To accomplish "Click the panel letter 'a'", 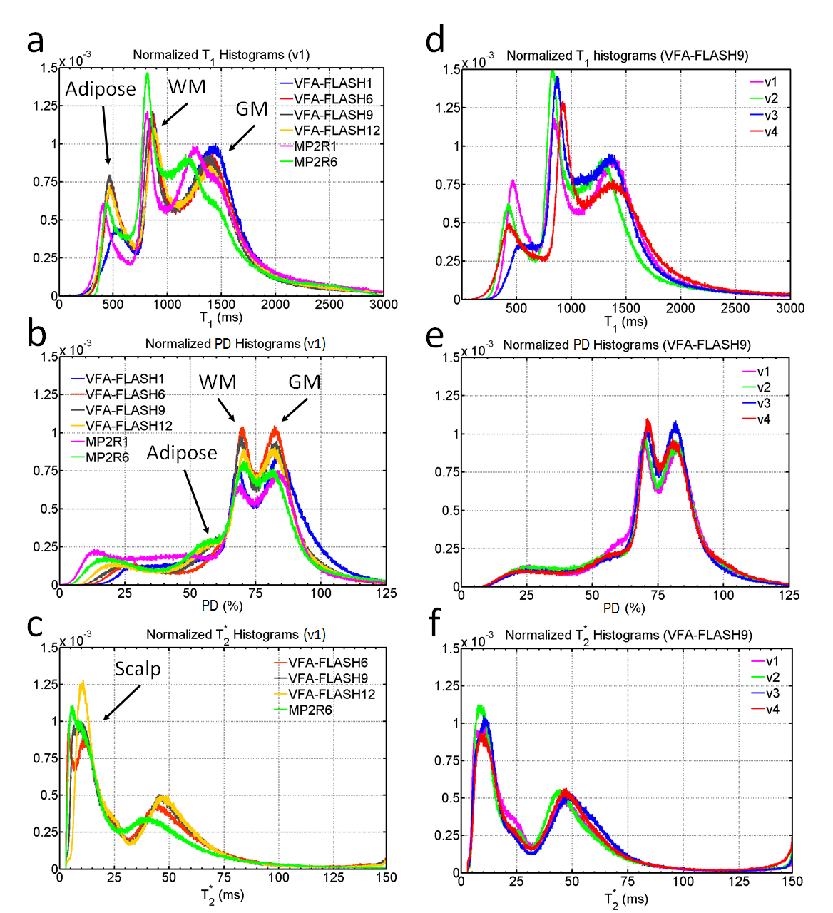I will (36, 41).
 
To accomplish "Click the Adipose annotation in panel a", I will (101, 89).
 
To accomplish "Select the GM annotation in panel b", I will (305, 382).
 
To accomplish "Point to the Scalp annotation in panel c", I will (138, 669).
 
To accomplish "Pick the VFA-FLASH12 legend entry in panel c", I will (332, 694).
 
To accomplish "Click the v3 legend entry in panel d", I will (770, 116).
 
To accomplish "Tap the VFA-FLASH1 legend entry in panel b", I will (125, 379).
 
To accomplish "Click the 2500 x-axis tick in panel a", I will (329, 305).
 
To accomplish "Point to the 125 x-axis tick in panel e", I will (789, 596).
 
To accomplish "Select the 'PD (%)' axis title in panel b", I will (222, 606).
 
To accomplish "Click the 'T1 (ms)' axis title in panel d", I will (625, 322).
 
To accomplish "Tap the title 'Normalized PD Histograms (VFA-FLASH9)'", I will (627, 345).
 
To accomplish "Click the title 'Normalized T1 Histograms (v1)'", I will (221, 55).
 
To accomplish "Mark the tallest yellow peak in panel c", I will (83, 683).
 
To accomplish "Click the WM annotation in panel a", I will (187, 87).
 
